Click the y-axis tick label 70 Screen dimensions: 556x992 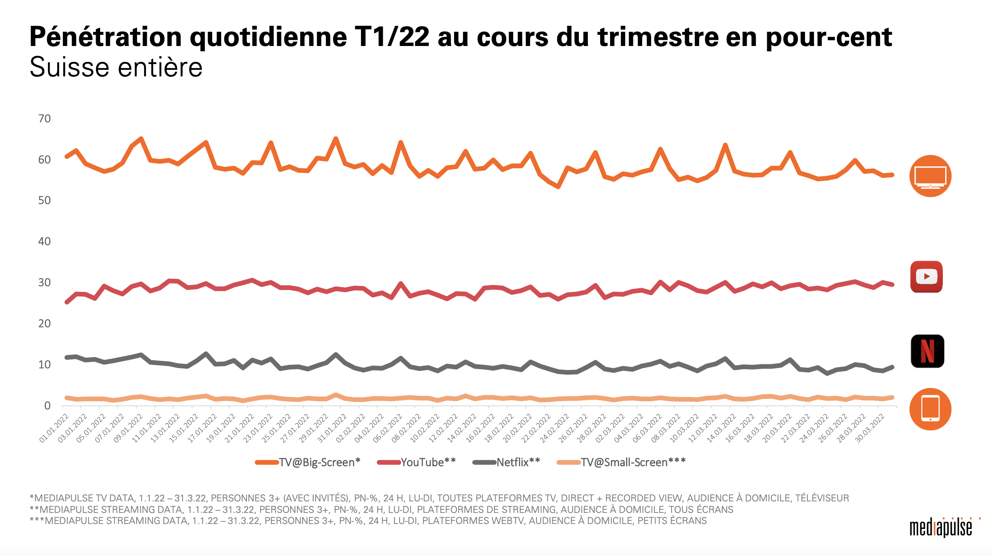click(44, 119)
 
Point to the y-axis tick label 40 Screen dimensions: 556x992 click(44, 241)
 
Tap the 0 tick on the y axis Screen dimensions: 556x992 click(48, 406)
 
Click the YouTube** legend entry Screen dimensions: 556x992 click(416, 462)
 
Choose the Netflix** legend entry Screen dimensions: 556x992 click(507, 462)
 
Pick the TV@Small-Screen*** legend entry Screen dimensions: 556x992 click(622, 462)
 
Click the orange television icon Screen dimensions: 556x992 click(930, 176)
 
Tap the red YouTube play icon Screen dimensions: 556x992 click(926, 276)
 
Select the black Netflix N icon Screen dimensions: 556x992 click(927, 351)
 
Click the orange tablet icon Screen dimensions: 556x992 click(930, 409)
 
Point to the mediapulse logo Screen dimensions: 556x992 click(941, 528)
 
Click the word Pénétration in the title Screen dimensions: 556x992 click(106, 37)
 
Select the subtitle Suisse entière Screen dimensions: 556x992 click(116, 67)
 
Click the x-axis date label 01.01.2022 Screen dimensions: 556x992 click(54, 429)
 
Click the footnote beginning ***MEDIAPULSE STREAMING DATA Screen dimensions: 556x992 click(368, 521)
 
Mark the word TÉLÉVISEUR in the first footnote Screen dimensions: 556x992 click(822, 498)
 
